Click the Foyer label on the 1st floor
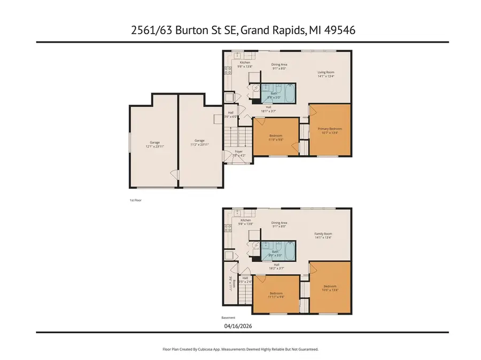click(239, 151)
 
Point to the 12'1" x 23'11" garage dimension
click(154, 146)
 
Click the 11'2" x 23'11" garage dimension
click(199, 144)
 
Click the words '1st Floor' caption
click(135, 200)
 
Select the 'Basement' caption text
click(228, 317)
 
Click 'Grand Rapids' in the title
click(273, 31)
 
